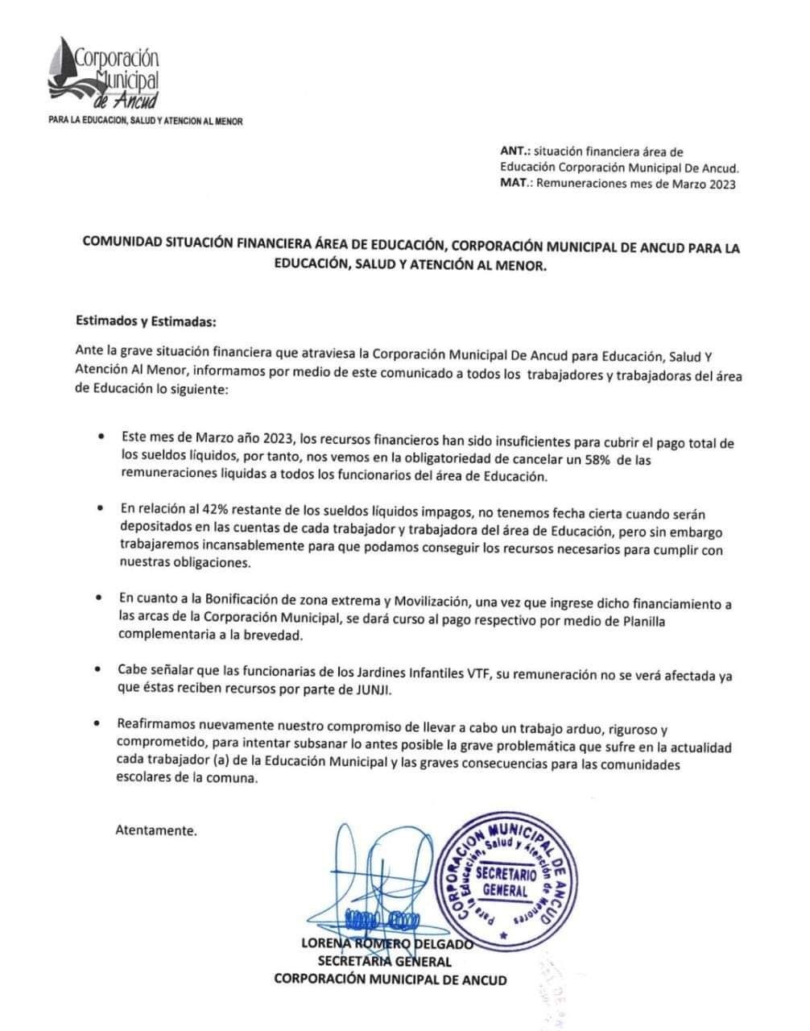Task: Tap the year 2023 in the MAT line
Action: pos(720,184)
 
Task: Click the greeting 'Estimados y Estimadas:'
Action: pos(146,321)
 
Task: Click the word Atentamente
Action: pos(155,830)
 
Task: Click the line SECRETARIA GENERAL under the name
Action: pos(384,961)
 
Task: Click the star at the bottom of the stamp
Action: pos(504,936)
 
